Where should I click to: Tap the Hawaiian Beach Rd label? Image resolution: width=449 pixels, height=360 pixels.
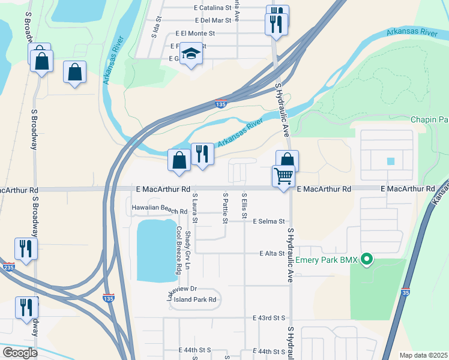pos(160,211)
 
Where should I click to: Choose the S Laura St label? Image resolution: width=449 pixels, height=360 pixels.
pos(194,208)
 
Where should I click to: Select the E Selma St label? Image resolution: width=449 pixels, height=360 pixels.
pos(268,221)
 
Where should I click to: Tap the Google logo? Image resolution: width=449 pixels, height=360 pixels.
pos(20,353)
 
